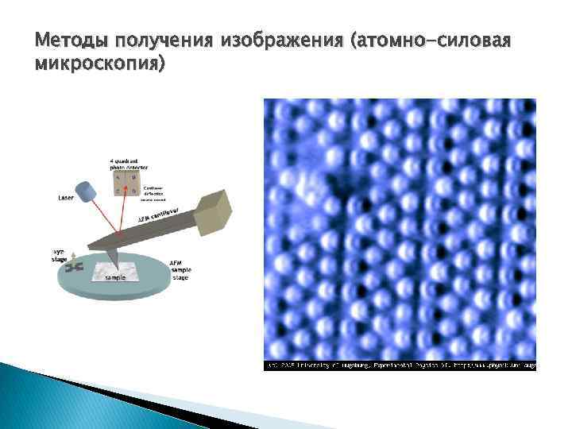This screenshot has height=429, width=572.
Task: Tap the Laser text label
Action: click(67, 198)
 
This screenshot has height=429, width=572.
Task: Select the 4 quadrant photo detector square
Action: click(125, 180)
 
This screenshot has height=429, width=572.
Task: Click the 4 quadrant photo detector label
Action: click(125, 164)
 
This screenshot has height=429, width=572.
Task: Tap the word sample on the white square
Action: click(116, 279)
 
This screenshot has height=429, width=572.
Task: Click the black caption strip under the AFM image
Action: click(400, 365)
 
